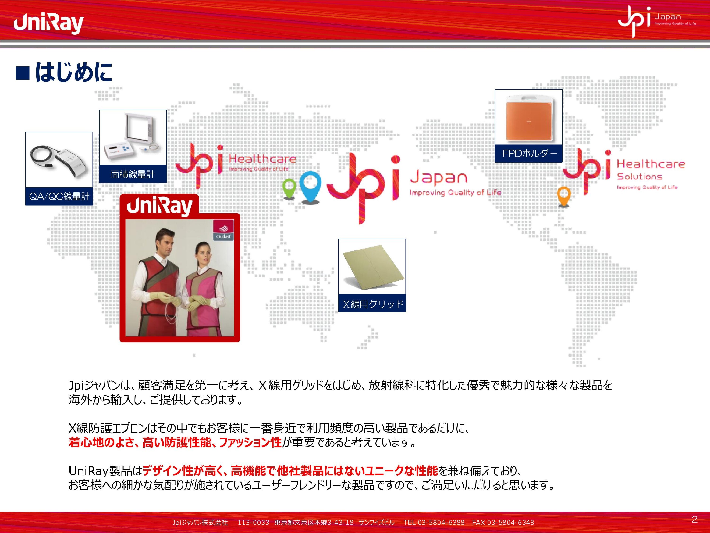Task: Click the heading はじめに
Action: pyautogui.click(x=73, y=72)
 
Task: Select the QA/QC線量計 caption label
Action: pyautogui.click(x=59, y=196)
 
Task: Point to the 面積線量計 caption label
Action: pyautogui.click(x=133, y=174)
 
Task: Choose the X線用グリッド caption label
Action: pyautogui.click(x=372, y=304)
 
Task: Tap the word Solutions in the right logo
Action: pyautogui.click(x=639, y=176)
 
